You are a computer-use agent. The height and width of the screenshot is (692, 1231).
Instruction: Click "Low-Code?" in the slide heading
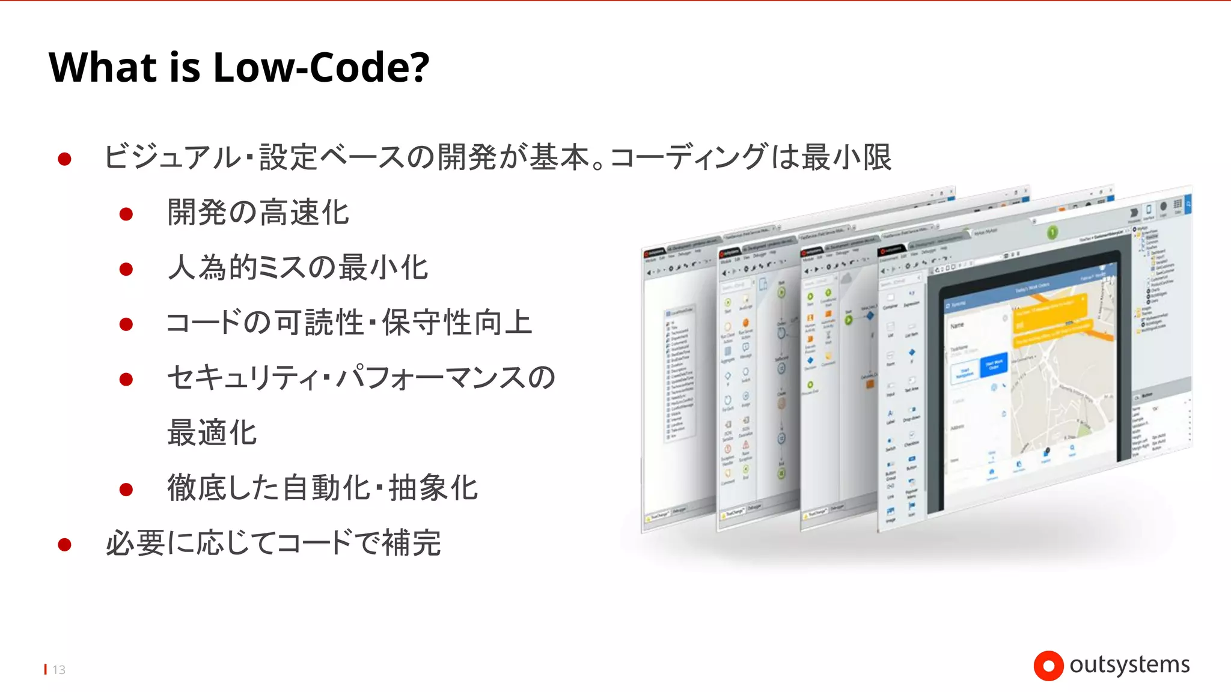click(x=321, y=67)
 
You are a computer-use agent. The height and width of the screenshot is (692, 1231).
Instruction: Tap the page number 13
click(x=59, y=670)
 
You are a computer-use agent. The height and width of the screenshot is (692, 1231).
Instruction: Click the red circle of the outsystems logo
click(x=1048, y=666)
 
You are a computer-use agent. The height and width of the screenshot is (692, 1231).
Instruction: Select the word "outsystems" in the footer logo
click(x=1129, y=664)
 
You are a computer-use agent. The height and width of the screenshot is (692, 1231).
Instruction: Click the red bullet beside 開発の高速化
click(x=126, y=214)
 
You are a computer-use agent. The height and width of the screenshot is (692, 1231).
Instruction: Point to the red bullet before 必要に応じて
click(x=65, y=545)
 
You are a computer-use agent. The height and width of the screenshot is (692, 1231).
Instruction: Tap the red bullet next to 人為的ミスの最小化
click(x=126, y=269)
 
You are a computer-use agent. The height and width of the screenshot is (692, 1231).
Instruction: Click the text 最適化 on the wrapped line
click(x=212, y=432)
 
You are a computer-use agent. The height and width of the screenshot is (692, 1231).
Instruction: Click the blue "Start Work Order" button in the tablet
click(x=994, y=365)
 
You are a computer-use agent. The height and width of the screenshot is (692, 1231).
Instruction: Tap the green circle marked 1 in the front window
click(x=1052, y=232)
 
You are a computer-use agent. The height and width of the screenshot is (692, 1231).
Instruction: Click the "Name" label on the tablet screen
click(x=958, y=325)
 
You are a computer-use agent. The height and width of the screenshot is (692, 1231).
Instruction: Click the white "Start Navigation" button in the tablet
click(x=964, y=373)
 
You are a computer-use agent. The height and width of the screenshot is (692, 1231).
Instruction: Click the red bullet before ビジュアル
click(x=65, y=159)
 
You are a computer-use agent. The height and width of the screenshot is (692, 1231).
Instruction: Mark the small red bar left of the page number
click(x=46, y=669)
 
